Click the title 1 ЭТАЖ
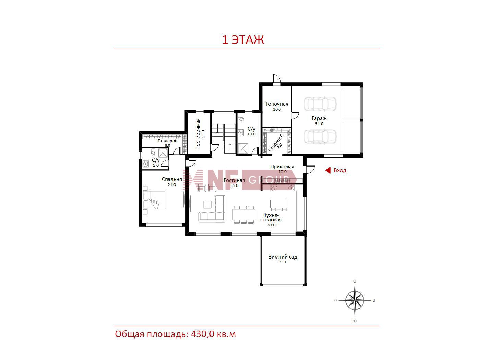[x=243, y=40]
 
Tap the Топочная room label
[x=277, y=104]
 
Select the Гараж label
[x=319, y=119]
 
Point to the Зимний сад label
[x=283, y=256]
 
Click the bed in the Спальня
[x=154, y=200]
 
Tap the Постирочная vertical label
[x=198, y=134]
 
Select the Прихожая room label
[x=282, y=167]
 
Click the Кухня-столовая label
[x=271, y=217]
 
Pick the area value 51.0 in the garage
[x=319, y=124]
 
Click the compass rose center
[x=355, y=300]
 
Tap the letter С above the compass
[x=355, y=281]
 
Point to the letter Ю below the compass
[x=355, y=321]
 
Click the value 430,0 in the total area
[x=203, y=334]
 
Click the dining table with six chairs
[x=244, y=215]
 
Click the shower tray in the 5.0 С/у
[x=163, y=153]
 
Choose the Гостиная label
[x=234, y=181]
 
